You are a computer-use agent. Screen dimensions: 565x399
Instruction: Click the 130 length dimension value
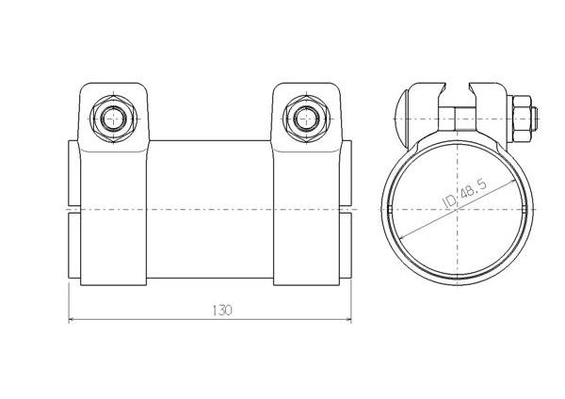(x=222, y=310)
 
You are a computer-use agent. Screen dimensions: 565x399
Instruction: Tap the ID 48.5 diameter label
(x=464, y=194)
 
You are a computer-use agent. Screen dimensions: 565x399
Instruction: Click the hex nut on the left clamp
(x=114, y=119)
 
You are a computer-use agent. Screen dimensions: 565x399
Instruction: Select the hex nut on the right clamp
(x=306, y=119)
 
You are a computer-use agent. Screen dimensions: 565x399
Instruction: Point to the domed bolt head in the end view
(x=401, y=119)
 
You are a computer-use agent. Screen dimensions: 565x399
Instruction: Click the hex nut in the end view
(x=522, y=119)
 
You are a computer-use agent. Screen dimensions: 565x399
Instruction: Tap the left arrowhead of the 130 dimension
(x=72, y=319)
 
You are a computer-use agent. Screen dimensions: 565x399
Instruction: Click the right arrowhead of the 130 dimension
(x=347, y=319)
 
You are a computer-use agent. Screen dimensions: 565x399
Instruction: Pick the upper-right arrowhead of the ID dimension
(x=511, y=183)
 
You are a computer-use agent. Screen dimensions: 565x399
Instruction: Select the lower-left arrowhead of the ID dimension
(x=404, y=236)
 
